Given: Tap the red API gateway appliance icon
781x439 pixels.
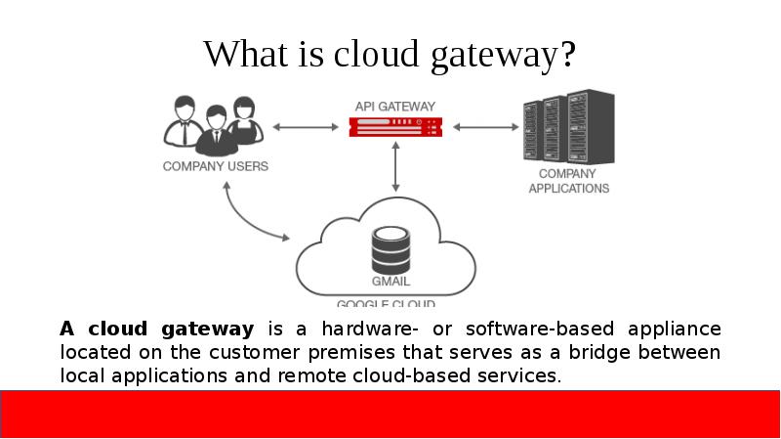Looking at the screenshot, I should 395,126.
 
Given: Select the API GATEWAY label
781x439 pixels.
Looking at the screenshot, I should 395,105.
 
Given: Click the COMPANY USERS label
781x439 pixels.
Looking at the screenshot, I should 215,166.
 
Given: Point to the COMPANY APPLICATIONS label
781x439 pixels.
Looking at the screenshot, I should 569,181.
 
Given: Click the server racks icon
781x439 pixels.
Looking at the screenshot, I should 569,127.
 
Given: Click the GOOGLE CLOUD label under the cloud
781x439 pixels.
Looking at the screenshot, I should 386,303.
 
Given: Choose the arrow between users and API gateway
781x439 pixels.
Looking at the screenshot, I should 306,126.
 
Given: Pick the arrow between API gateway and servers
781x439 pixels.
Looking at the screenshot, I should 485,126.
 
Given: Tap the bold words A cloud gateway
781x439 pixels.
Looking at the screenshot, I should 156,328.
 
